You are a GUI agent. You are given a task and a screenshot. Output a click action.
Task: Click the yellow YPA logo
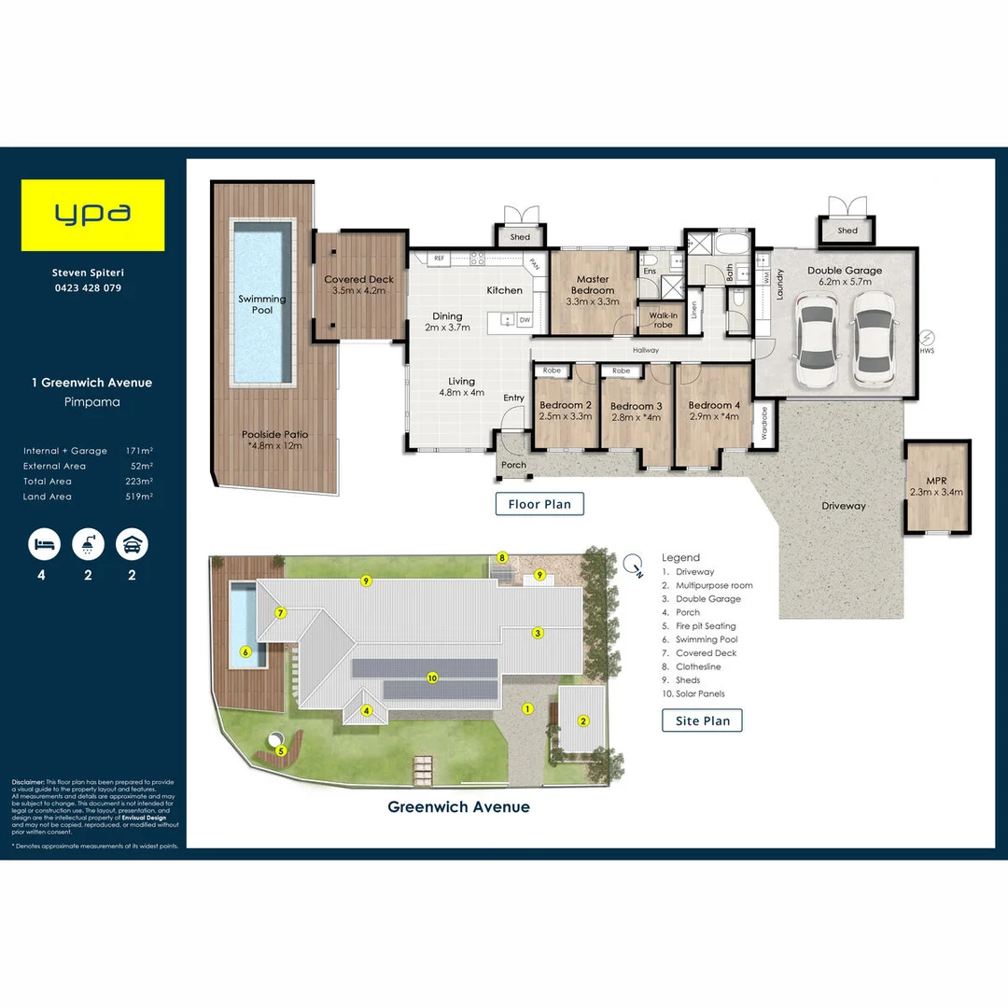93,216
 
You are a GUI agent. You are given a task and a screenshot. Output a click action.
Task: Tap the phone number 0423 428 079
87,288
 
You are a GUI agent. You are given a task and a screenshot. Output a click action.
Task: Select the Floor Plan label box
539,504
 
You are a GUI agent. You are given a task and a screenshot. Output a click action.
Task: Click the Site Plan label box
703,721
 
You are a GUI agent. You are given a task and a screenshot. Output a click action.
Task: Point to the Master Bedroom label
593,285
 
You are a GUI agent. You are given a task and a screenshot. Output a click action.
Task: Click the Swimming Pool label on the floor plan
262,304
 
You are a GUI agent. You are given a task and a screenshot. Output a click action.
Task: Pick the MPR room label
937,485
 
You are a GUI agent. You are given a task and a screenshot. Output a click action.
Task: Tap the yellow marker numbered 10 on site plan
431,678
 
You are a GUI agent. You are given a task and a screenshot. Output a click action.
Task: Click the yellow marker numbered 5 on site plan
280,749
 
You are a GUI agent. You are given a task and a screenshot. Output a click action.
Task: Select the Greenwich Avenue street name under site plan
458,807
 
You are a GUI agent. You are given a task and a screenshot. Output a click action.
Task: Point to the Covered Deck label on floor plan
359,285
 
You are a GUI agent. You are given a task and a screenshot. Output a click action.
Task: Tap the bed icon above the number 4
42,544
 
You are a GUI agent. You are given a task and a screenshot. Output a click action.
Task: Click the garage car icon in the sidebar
132,544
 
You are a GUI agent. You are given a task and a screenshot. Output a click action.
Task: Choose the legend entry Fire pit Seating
706,626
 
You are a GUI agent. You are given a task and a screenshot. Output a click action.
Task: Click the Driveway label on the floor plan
844,506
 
